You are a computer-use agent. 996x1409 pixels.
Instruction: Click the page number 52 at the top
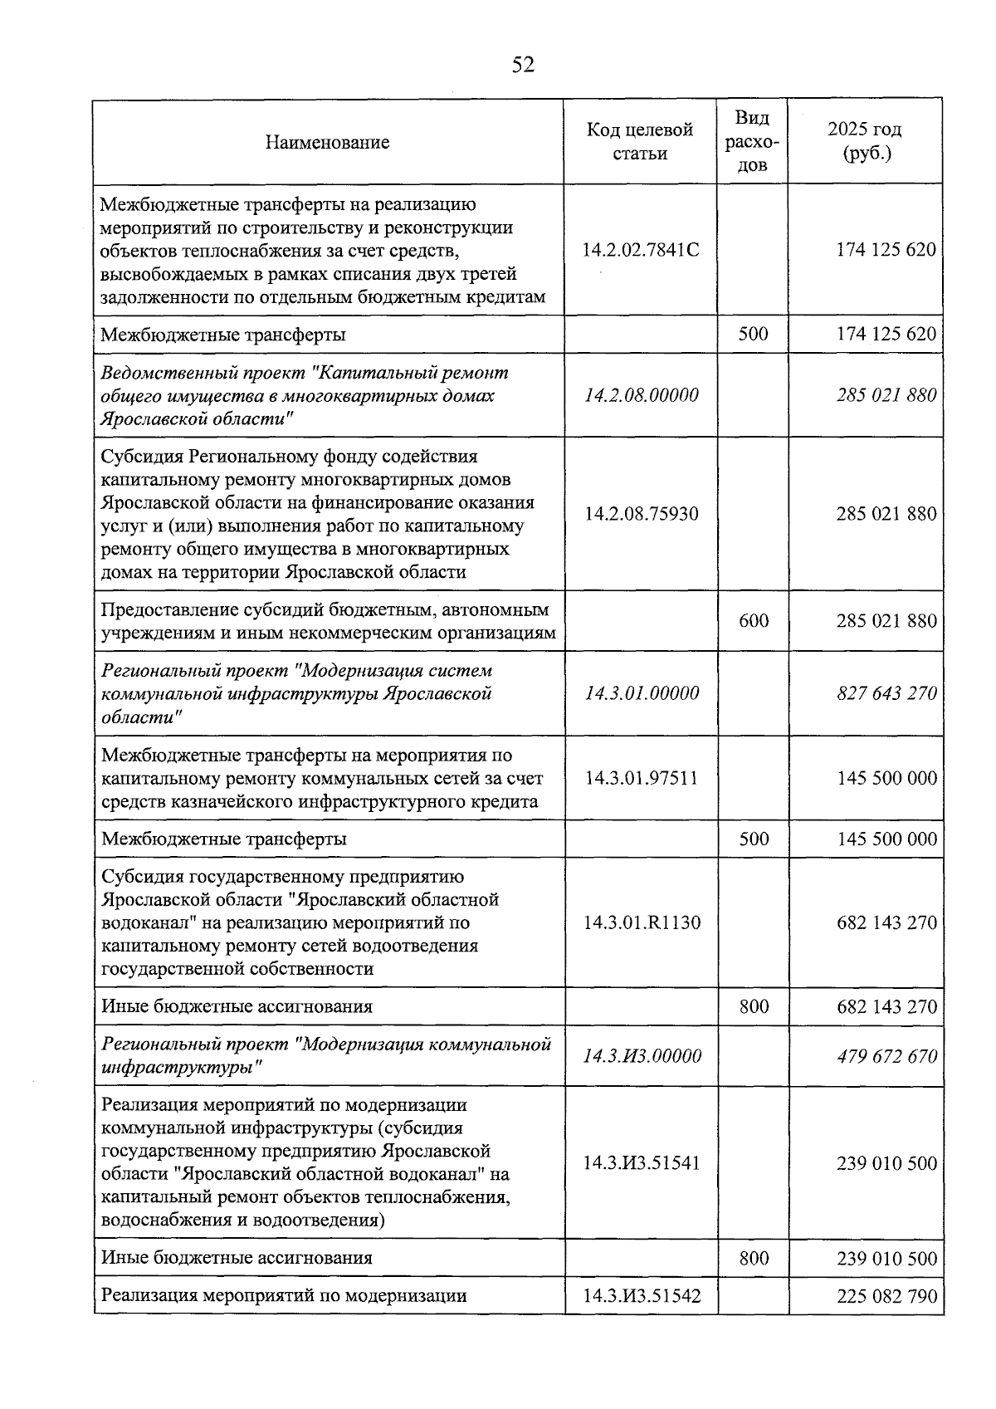pos(523,65)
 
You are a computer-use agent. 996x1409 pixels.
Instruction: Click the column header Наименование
pos(327,142)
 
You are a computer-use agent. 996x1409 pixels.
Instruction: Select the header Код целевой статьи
pos(640,141)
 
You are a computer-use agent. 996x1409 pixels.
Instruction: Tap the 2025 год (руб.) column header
pos(865,141)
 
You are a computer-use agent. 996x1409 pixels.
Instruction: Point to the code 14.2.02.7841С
pos(641,250)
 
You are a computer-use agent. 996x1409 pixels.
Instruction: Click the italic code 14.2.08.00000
pos(642,395)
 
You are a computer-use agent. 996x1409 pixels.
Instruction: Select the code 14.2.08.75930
pos(642,514)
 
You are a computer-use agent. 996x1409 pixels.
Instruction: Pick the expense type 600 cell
pos(754,621)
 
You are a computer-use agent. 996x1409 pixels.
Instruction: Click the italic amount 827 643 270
pos(886,693)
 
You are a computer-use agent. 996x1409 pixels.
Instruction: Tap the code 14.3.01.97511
pos(642,779)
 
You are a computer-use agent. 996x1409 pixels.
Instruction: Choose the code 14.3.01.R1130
pos(642,922)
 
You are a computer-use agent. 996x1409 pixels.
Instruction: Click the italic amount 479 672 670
pos(886,1056)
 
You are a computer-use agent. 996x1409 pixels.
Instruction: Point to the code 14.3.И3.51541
pos(642,1162)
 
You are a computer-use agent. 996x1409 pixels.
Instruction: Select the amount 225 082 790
pos(886,1295)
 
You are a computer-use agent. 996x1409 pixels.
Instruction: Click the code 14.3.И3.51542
pos(642,1295)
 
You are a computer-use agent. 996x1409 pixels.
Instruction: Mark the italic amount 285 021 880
pos(886,395)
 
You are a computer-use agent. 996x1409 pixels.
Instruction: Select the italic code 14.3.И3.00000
pos(642,1056)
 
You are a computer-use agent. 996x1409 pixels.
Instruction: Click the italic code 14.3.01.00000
pos(642,693)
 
